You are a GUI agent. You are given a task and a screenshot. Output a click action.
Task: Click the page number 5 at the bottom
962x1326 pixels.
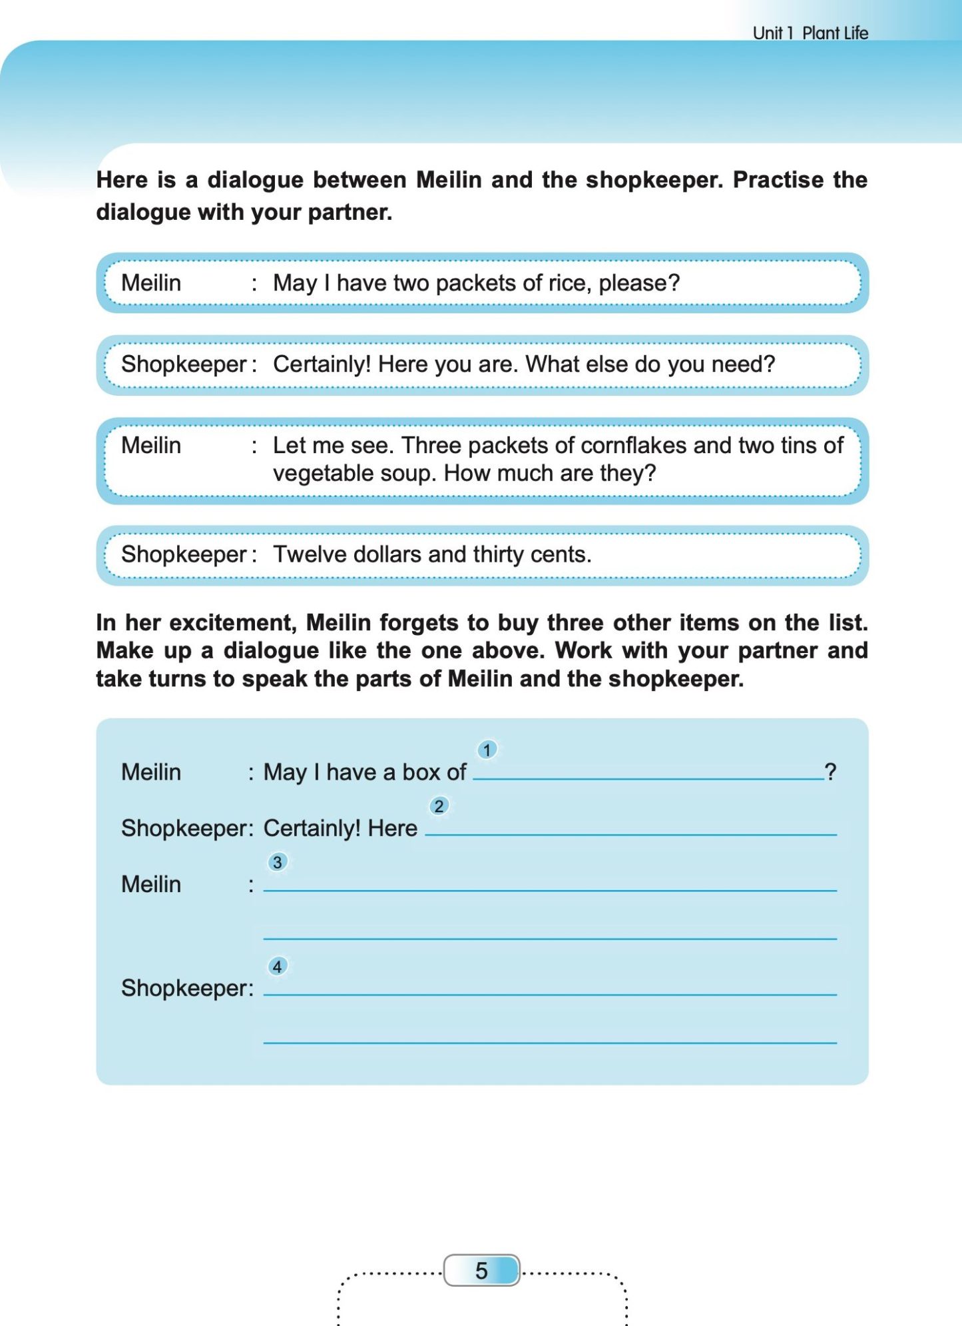click(481, 1271)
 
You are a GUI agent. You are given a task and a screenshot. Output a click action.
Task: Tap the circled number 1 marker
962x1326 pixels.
click(487, 750)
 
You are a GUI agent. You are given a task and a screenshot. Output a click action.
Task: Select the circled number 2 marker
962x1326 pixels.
click(439, 806)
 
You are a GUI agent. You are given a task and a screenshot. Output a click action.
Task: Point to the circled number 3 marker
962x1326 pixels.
click(278, 862)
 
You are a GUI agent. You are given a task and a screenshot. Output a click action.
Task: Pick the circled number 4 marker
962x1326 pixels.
click(278, 966)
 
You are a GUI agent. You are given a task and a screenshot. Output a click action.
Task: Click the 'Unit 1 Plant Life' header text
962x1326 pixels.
click(810, 33)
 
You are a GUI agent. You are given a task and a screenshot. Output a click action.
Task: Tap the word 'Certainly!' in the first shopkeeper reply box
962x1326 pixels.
click(322, 364)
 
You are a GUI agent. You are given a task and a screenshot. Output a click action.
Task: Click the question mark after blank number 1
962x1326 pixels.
click(830, 772)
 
